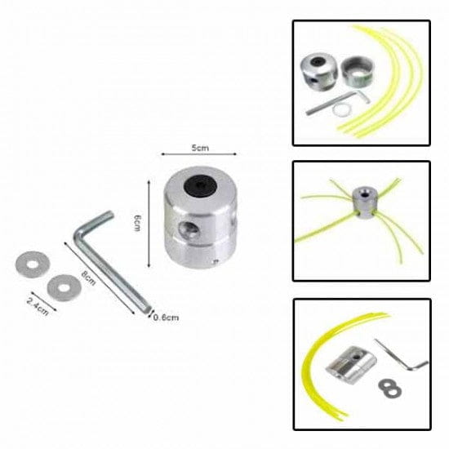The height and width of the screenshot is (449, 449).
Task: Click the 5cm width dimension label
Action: point(200,148)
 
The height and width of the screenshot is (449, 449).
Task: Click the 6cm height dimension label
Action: point(137,223)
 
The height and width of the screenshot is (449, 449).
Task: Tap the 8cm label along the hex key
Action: point(88,278)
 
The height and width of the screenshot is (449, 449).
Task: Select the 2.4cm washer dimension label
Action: point(38,306)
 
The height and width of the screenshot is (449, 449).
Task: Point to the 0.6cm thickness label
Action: point(166,318)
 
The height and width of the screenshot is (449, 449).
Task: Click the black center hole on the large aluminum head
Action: point(199,186)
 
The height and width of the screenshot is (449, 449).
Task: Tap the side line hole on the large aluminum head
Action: point(188,229)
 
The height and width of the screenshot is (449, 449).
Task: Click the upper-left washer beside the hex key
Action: point(33,265)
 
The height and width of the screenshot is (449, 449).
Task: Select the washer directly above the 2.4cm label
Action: point(64,287)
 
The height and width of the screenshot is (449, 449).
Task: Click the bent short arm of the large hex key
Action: point(95,221)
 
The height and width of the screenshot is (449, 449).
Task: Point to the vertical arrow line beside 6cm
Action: point(149,224)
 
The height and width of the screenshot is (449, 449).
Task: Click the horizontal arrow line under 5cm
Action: point(198,154)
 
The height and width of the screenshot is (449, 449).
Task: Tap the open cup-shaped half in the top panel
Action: point(358,71)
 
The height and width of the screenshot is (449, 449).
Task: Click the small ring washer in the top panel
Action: point(341,109)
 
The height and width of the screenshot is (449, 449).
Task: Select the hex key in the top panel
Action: point(338,102)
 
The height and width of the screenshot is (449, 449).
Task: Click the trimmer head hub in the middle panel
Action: point(363,202)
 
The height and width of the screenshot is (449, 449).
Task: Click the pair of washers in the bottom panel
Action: point(389,389)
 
